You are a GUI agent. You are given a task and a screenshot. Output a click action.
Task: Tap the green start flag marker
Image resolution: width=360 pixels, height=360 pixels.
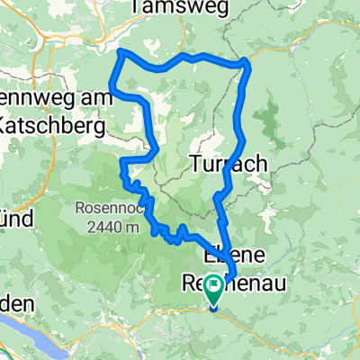(215, 290)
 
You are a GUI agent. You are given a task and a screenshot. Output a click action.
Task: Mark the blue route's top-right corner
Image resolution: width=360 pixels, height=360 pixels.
(246, 63)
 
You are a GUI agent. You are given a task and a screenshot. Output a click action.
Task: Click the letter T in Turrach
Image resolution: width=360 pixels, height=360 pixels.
(196, 163)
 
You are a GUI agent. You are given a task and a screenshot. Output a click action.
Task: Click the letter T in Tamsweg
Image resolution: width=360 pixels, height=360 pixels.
(136, 6)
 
